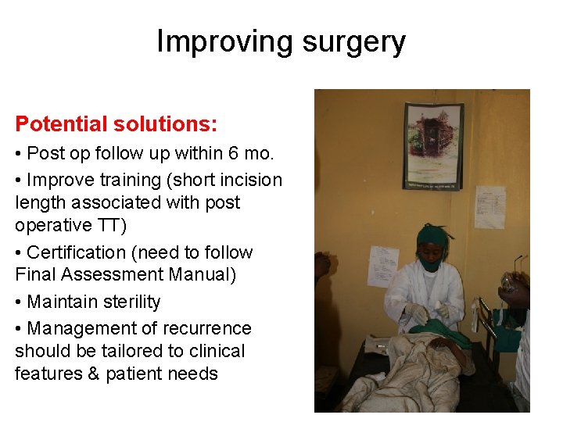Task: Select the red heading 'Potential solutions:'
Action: pos(117,124)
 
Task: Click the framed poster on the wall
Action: pos(432,146)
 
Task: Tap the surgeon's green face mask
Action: pos(429,263)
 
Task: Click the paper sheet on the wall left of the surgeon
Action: pos(383,266)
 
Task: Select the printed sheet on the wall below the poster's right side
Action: pos(489,206)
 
